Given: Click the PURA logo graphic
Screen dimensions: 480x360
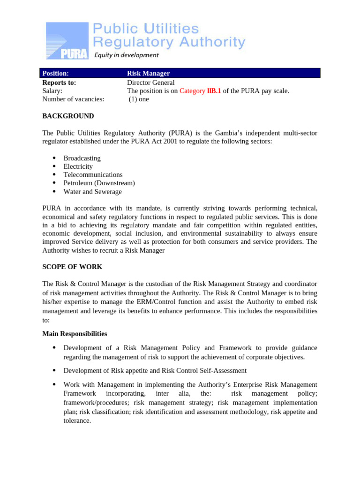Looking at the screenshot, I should tap(67, 41).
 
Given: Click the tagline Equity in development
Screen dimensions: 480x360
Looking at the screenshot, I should tap(127, 55).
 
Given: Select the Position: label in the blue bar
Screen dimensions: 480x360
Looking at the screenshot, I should tap(55, 74).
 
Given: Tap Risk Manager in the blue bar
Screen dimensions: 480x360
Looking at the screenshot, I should tap(148, 74).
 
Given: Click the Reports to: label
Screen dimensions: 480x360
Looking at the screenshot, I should tap(59, 82).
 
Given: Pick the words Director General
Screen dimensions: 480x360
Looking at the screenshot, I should tap(150, 82).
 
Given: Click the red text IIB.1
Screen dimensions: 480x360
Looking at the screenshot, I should tap(214, 91).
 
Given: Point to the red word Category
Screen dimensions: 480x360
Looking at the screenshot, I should tap(192, 91).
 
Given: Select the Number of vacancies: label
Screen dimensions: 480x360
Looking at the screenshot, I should tap(73, 99).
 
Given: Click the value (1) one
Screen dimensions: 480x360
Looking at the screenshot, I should tap(139, 99).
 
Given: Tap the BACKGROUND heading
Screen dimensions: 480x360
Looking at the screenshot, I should tap(68, 116).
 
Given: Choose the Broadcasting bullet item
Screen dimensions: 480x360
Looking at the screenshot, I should tap(82, 158).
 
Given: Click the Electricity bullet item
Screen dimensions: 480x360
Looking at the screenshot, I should tap(78, 167).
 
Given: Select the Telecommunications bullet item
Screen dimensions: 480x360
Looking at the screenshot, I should tap(93, 175).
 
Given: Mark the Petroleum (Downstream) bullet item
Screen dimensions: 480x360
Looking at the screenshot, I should tap(99, 183).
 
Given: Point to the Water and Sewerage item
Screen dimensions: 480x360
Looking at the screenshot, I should tap(92, 192).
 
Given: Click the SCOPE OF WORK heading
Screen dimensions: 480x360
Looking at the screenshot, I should tap(72, 267).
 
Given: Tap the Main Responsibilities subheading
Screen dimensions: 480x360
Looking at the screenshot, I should tap(75, 334).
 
